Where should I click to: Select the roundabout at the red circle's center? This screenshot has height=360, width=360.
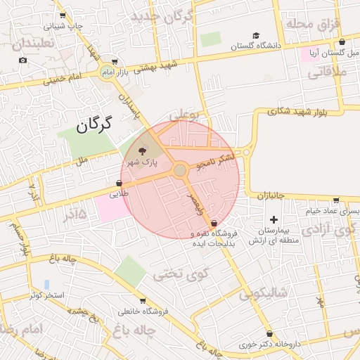tap(180, 170)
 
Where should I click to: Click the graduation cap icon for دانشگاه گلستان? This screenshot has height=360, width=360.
tap(257, 36)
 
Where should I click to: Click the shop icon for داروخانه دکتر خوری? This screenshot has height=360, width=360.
tap(269, 333)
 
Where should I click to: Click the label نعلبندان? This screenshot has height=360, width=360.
tap(27, 44)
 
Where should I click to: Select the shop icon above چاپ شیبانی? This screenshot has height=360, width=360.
tap(63, 15)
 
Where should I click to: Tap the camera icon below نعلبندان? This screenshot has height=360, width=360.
tap(23, 60)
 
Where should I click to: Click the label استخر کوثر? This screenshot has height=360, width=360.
tap(47, 295)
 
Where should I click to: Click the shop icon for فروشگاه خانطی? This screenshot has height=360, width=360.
tap(143, 300)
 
